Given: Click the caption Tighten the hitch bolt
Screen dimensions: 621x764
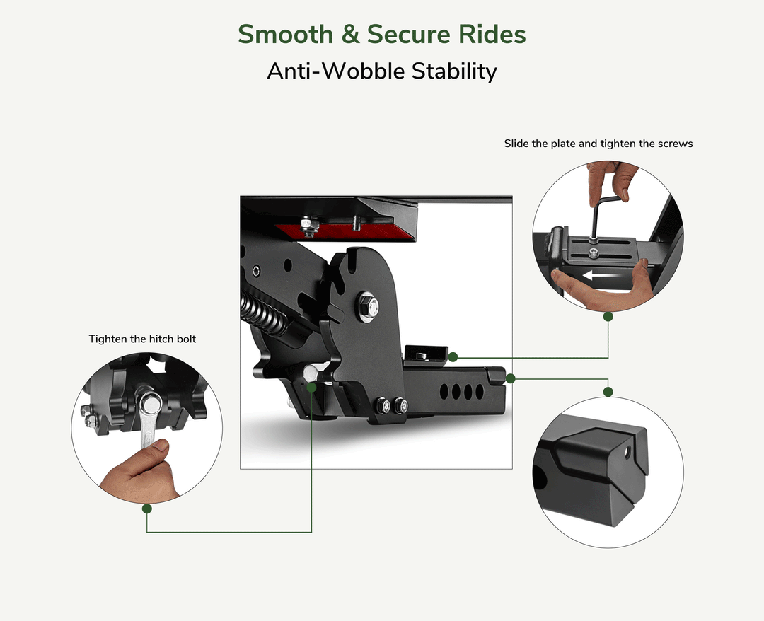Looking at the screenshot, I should (142, 339).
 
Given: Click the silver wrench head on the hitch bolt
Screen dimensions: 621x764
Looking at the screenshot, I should (149, 404).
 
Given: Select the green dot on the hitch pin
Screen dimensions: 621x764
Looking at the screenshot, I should (311, 388).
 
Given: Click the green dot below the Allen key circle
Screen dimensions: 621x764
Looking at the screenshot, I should (608, 317).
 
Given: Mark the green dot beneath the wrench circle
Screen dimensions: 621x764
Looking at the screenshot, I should (147, 508).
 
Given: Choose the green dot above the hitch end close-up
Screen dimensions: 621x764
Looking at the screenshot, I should (608, 391).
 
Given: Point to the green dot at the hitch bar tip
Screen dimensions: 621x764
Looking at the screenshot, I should (511, 378).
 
